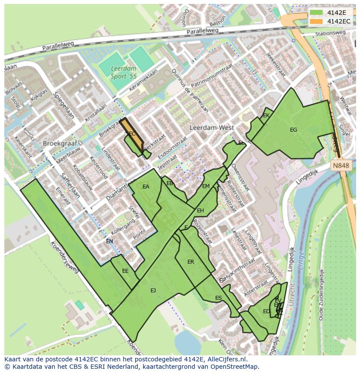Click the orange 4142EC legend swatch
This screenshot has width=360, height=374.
(317, 21)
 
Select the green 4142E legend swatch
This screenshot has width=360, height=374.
(317, 13)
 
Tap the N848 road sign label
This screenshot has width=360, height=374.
(340, 165)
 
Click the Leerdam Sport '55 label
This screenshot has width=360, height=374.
(123, 73)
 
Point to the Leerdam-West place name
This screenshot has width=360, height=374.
(212, 128)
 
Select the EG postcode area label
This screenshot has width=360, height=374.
(293, 130)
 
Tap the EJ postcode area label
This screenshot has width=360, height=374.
(153, 290)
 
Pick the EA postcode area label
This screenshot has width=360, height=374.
(146, 187)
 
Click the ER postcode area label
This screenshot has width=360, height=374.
(190, 262)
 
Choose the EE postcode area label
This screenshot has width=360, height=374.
(125, 271)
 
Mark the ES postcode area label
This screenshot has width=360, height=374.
(218, 298)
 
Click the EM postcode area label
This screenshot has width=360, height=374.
(206, 186)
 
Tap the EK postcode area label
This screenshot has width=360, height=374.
(267, 116)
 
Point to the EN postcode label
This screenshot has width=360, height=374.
(110, 242)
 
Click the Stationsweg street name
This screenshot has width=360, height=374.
(330, 33)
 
